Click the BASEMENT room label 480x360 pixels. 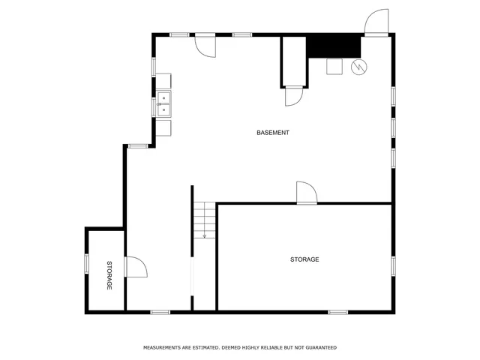click(x=273, y=133)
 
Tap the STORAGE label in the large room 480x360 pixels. click(x=304, y=259)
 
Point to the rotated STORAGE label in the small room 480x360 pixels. click(x=109, y=275)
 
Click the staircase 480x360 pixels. click(x=205, y=220)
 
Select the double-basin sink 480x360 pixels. click(x=163, y=104)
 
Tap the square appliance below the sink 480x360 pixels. click(x=163, y=127)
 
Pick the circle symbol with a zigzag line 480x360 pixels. click(x=359, y=67)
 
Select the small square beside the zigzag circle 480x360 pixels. click(x=334, y=67)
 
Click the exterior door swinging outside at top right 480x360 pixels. click(x=376, y=22)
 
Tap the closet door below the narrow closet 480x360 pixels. click(x=293, y=97)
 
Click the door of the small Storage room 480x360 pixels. click(x=135, y=267)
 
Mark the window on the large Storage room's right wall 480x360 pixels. click(x=392, y=265)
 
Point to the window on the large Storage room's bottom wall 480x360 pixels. click(x=338, y=311)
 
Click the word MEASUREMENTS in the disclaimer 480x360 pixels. click(x=163, y=348)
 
